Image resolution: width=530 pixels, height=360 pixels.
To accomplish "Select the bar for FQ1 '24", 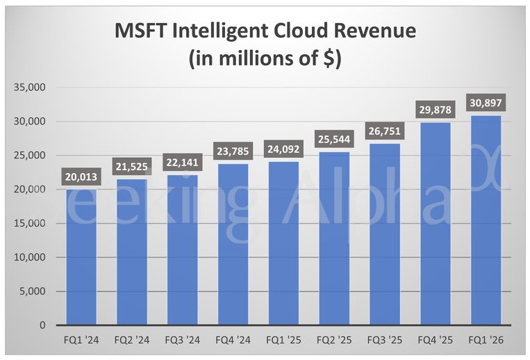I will tap(82, 257).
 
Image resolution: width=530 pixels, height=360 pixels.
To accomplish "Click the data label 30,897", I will tap(486, 103).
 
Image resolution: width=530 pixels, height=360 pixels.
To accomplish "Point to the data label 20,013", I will tap(82, 177).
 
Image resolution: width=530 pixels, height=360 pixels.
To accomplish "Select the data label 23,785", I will tap(233, 151).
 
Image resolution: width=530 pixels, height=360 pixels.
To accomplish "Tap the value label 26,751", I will tap(385, 131).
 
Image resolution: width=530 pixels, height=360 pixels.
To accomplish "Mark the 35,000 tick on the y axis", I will tap(28, 88).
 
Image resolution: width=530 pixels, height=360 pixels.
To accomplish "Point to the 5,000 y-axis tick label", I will tap(31, 291).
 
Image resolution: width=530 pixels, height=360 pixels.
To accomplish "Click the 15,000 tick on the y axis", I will tap(28, 223).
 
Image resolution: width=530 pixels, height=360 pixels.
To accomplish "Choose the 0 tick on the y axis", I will tap(42, 325).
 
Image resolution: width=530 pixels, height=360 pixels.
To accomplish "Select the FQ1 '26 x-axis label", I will tap(486, 341).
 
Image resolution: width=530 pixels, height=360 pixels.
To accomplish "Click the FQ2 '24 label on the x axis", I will tap(132, 341).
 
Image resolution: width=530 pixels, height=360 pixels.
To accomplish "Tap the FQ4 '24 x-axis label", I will tap(233, 341).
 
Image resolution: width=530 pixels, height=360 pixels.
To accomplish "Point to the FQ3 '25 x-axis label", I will tap(385, 341).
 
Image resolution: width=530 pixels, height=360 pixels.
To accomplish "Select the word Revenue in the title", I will tap(375, 31).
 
